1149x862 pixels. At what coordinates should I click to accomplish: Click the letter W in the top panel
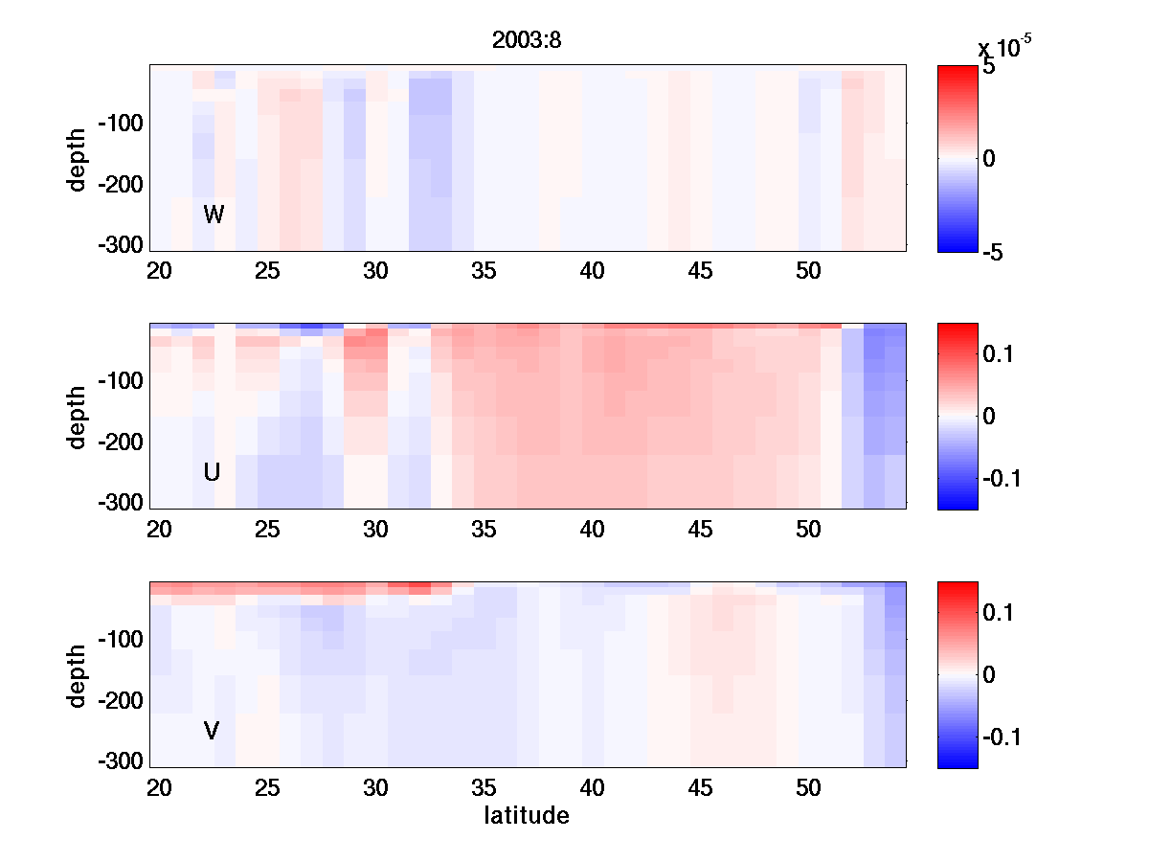[214, 215]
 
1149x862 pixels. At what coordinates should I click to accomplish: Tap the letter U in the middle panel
[212, 472]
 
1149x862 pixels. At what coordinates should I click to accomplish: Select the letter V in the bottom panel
[212, 731]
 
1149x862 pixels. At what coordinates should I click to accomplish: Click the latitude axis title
[527, 816]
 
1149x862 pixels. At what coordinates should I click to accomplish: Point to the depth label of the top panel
[78, 158]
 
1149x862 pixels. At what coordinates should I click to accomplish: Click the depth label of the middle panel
[78, 417]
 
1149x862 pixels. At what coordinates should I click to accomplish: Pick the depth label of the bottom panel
[78, 675]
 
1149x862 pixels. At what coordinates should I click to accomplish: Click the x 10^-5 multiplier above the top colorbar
[1003, 48]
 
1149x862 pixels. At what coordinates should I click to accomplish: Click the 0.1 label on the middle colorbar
[1000, 354]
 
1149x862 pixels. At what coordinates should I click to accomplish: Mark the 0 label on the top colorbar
[990, 158]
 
